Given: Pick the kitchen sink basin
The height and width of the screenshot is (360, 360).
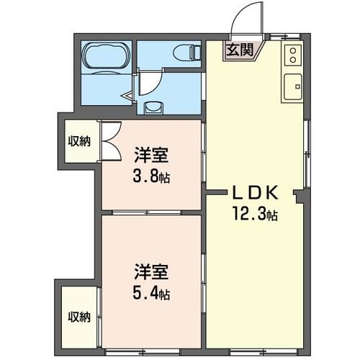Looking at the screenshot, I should point(292,88).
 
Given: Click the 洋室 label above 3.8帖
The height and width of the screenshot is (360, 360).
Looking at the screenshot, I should point(150,155).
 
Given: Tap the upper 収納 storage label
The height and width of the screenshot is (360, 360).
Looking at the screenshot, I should point(79,141).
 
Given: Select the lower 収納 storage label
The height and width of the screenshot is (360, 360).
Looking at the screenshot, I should point(79,317).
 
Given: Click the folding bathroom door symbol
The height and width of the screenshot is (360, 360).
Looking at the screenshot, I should point(129,94).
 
